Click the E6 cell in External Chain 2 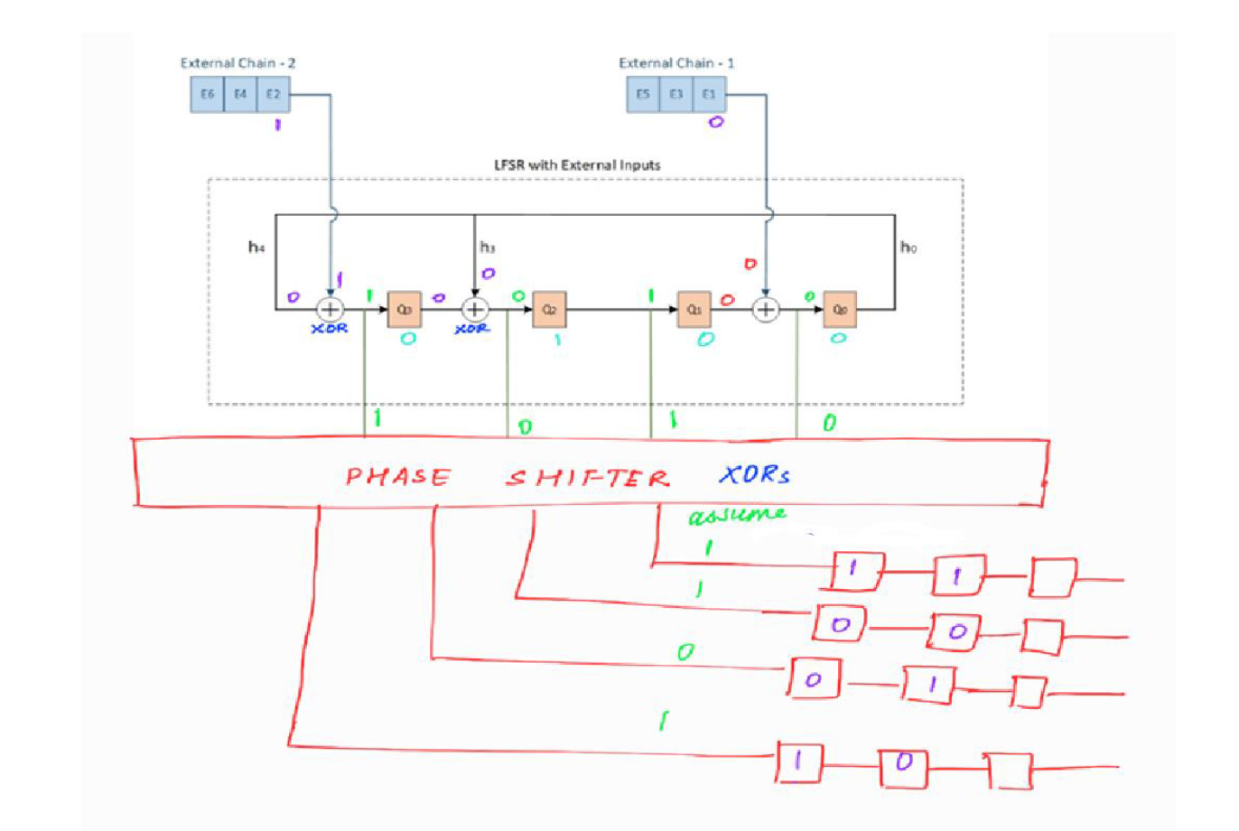point(207,95)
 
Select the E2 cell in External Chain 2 point(273,95)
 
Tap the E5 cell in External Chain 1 point(643,95)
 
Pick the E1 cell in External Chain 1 point(709,95)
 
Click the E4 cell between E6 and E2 point(240,95)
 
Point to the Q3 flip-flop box point(404,310)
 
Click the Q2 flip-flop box point(549,310)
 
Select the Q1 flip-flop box point(694,310)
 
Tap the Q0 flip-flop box point(840,310)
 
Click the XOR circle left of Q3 point(331,310)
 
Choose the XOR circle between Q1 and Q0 point(766,310)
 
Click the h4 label point(256,247)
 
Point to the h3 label point(488,247)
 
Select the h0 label point(908,247)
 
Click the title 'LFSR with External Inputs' point(576,165)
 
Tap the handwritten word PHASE point(398,476)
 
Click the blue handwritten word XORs point(755,474)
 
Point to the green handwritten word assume point(736,516)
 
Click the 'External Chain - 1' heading point(675,63)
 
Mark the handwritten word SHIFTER point(588,477)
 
